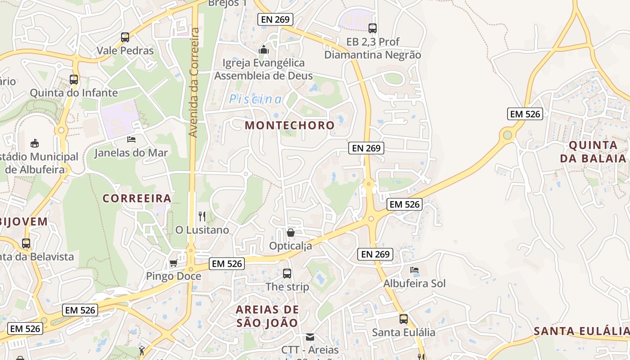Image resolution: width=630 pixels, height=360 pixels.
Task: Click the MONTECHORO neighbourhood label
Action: pyautogui.click(x=290, y=126)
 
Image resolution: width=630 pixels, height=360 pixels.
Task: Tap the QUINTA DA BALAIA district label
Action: pyautogui.click(x=593, y=152)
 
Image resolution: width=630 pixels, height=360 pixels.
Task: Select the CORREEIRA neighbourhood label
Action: pyautogui.click(x=137, y=198)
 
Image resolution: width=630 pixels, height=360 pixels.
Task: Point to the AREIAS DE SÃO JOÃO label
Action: pyautogui.click(x=267, y=316)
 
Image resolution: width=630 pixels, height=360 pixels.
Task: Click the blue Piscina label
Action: pyautogui.click(x=256, y=99)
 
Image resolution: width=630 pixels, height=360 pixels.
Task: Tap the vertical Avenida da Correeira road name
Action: pyautogui.click(x=194, y=82)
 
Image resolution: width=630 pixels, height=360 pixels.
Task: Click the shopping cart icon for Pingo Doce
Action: pyautogui.click(x=173, y=263)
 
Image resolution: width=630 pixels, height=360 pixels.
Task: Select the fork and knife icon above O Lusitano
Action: pyautogui.click(x=202, y=216)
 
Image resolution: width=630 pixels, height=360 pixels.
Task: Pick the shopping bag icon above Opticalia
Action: pyautogui.click(x=291, y=233)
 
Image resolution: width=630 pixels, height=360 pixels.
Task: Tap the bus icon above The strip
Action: pyautogui.click(x=287, y=273)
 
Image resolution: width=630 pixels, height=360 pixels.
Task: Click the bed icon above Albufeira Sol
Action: pyautogui.click(x=414, y=270)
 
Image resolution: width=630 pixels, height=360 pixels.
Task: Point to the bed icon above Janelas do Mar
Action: pyautogui.click(x=131, y=139)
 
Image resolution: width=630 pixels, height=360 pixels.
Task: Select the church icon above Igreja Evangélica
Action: pyautogui.click(x=264, y=49)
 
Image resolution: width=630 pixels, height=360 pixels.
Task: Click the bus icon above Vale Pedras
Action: pyautogui.click(x=125, y=37)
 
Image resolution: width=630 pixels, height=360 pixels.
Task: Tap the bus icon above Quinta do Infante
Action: pyautogui.click(x=74, y=80)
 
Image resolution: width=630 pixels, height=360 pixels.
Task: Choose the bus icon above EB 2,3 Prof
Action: pyautogui.click(x=373, y=28)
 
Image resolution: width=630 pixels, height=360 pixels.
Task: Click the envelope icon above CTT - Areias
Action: pyautogui.click(x=310, y=337)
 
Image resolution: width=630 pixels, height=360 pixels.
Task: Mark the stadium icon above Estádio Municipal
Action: pyautogui.click(x=34, y=144)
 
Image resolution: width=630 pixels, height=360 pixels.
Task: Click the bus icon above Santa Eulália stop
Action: pyautogui.click(x=404, y=319)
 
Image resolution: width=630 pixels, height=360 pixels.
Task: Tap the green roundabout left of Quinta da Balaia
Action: pyautogui.click(x=508, y=135)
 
